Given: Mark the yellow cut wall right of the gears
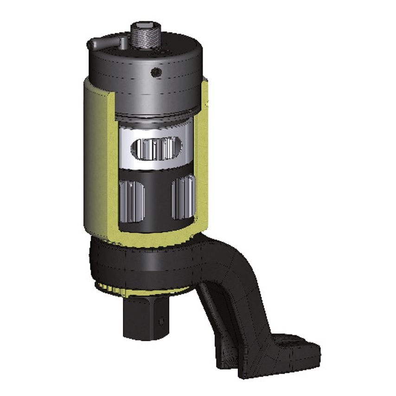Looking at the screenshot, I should [x=200, y=176].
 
